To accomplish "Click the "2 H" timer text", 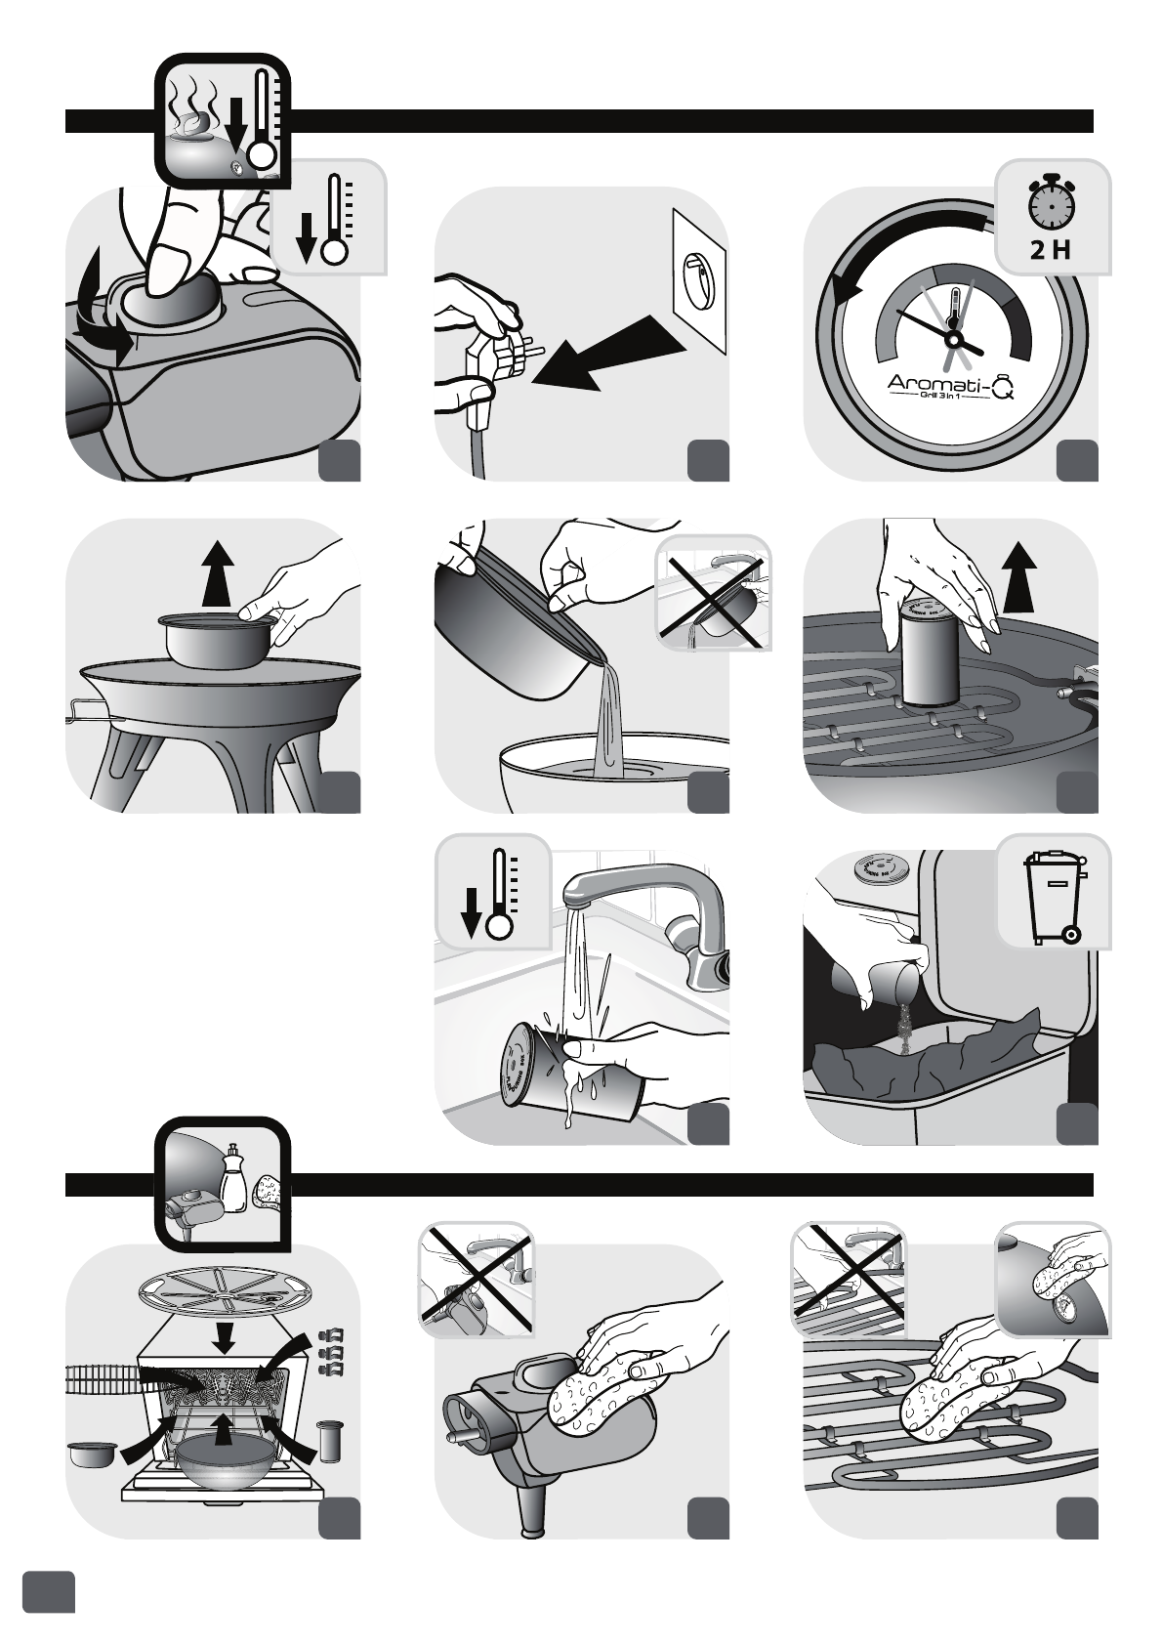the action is tap(1051, 250).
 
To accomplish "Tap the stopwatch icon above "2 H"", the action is tap(1051, 202).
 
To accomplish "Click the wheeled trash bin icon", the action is tap(1054, 898).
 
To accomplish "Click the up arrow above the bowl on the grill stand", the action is tap(218, 573).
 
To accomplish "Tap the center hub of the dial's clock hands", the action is tap(953, 339).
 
